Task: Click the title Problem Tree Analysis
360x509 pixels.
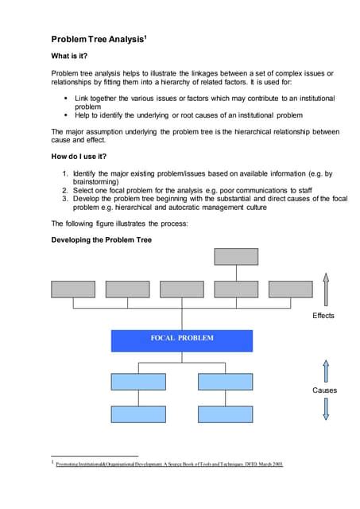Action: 95,39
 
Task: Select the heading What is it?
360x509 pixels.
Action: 72,56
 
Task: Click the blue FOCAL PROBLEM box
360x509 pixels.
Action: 181,340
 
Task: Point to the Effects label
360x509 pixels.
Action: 323,316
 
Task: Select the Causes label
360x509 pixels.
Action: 323,390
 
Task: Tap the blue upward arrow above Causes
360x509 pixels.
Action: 324,370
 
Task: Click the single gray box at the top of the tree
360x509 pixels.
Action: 235,256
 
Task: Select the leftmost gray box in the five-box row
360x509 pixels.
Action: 72,289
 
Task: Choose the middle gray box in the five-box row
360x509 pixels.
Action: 181,289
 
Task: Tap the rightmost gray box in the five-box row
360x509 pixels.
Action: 290,289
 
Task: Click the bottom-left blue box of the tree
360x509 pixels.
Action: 137,414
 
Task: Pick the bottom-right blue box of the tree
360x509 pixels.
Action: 225,414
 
